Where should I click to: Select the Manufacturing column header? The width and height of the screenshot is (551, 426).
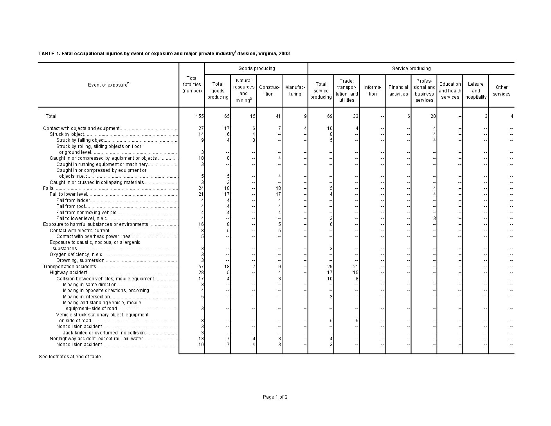(295, 91)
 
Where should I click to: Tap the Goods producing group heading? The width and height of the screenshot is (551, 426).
(256, 69)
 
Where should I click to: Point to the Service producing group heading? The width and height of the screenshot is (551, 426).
(411, 69)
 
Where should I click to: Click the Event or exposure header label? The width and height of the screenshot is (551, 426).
(108, 85)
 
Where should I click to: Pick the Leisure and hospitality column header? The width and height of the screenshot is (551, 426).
(476, 91)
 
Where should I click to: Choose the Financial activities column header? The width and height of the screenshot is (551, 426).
(398, 91)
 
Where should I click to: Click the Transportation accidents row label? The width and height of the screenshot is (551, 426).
(69, 267)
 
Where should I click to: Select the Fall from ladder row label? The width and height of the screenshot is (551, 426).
(73, 200)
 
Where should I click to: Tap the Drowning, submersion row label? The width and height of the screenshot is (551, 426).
(80, 260)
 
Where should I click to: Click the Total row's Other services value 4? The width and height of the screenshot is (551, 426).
(511, 116)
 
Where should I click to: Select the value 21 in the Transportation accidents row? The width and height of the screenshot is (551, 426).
(356, 267)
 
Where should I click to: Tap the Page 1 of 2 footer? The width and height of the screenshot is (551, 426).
(275, 397)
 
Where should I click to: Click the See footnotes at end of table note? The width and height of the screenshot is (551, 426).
(70, 357)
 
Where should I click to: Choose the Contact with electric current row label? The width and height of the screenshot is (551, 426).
(79, 231)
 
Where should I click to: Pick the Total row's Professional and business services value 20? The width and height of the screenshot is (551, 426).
(433, 116)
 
